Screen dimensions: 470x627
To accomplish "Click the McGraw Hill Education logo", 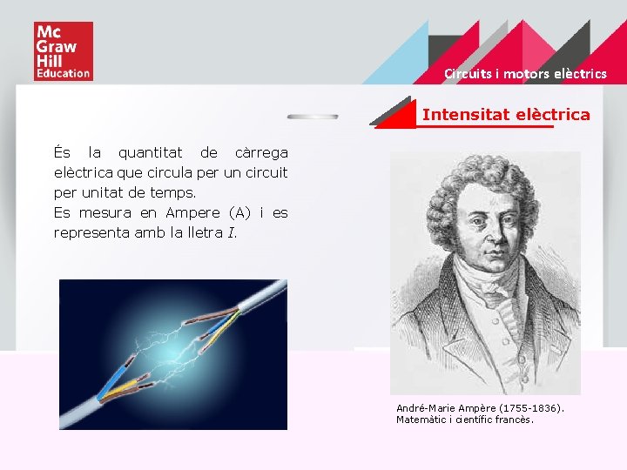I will (x=63, y=51).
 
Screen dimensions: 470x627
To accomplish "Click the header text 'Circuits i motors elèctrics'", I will (x=525, y=74).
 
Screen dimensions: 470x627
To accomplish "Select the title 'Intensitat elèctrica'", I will (x=506, y=114).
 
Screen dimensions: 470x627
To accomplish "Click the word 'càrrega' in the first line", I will (x=261, y=153).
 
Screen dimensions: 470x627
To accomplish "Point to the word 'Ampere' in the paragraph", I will (x=192, y=212).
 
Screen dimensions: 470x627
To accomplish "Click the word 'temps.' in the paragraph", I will (x=172, y=192).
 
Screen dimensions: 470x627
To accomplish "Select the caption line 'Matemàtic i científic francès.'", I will (x=464, y=420).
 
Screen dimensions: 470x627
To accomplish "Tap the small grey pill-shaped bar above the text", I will (x=313, y=116).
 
